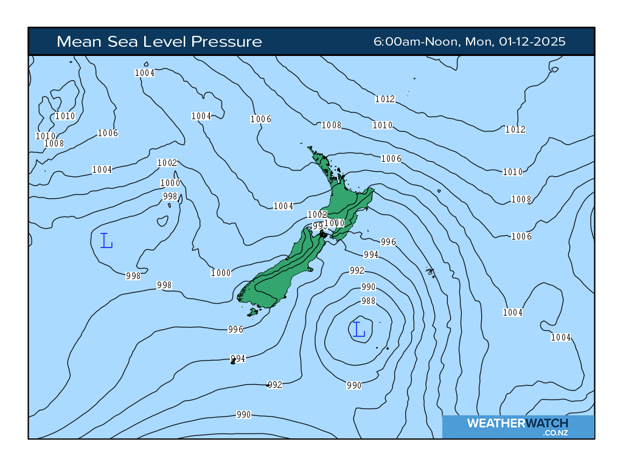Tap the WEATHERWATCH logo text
pyautogui.click(x=517, y=423)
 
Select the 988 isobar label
pyautogui.click(x=368, y=301)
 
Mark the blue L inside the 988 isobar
pyautogui.click(x=359, y=330)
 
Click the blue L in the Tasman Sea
pyautogui.click(x=106, y=241)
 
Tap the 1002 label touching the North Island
pyautogui.click(x=317, y=215)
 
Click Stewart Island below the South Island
pyautogui.click(x=252, y=313)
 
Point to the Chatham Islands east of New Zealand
pyautogui.click(x=431, y=272)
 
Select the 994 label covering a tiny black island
pyautogui.click(x=237, y=359)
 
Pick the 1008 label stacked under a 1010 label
pyautogui.click(x=54, y=144)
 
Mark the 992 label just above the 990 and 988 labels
pyautogui.click(x=357, y=271)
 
